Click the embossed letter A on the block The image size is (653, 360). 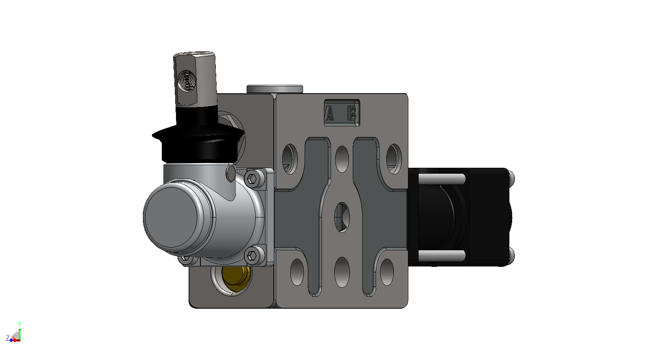click(x=330, y=113)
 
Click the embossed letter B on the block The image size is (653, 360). click(x=352, y=113)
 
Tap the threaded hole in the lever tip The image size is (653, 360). click(x=187, y=80)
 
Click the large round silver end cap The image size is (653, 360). click(x=174, y=217)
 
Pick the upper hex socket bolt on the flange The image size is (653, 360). click(x=252, y=178)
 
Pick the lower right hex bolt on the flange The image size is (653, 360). click(x=252, y=256)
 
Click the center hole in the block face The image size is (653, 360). click(x=342, y=217)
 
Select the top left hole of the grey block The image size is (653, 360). click(x=290, y=159)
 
